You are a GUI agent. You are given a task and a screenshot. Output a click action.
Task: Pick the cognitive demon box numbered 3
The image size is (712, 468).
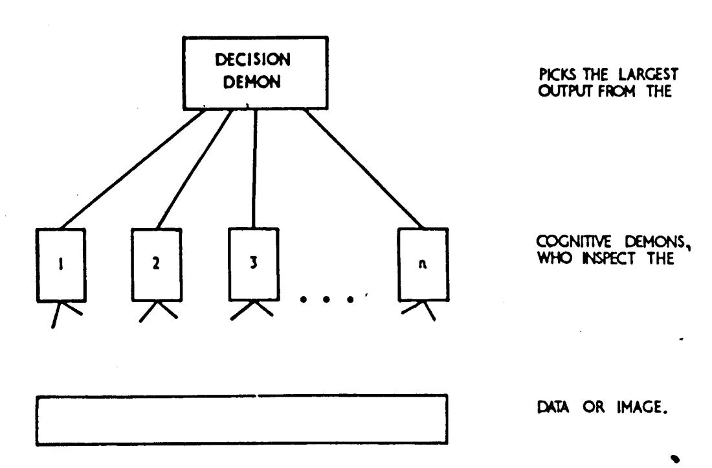(254, 266)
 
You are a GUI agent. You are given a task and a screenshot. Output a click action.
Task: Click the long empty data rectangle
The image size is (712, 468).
(241, 419)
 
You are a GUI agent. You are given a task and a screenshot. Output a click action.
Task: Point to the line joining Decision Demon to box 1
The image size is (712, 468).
(136, 170)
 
